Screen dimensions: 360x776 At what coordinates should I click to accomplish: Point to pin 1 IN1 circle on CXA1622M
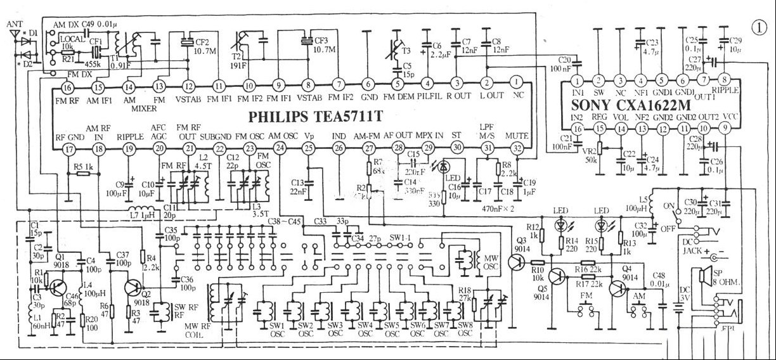[577, 81]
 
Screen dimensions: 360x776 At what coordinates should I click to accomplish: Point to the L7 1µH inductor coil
[141, 212]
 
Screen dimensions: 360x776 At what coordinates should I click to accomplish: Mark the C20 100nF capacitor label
[561, 63]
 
